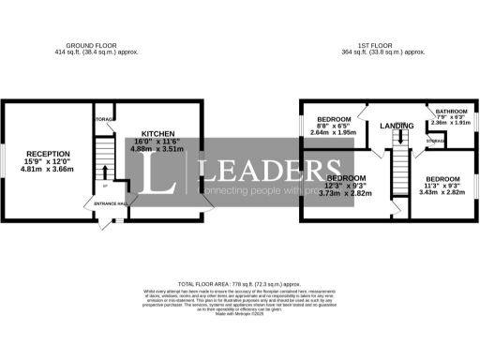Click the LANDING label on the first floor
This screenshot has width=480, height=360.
coord(397,126)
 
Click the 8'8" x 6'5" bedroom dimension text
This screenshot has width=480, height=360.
coord(334,126)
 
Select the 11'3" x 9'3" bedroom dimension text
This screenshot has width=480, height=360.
coord(442,185)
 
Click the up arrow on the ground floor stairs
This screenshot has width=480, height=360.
coord(104,172)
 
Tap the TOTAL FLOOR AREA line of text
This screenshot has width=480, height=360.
coord(239,282)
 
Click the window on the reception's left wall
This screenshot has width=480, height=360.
coord(3,159)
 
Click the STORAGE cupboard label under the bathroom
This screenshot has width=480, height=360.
coord(435,141)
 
